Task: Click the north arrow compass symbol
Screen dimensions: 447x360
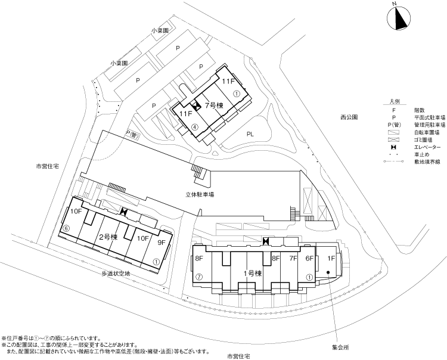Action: [x=399, y=18]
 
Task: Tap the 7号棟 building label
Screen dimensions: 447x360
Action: [x=214, y=105]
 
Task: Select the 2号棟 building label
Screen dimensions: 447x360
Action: [x=108, y=237]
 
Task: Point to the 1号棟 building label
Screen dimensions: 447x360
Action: [x=253, y=274]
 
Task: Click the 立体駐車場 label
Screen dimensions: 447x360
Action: [x=200, y=195]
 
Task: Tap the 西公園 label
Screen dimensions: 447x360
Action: [x=349, y=117]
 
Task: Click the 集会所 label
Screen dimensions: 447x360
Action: [x=340, y=347]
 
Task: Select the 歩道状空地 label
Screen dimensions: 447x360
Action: [x=116, y=274]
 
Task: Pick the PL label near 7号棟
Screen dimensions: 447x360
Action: [x=250, y=134]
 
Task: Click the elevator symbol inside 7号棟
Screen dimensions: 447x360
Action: [x=196, y=106]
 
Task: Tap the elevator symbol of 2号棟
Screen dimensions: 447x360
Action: [x=124, y=211]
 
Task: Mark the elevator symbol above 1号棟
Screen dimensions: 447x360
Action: [x=266, y=241]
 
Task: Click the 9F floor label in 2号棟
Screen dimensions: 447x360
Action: [x=162, y=243]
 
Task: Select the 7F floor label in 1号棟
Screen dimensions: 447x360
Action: [x=293, y=259]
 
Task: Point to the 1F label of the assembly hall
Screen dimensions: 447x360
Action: [x=331, y=259]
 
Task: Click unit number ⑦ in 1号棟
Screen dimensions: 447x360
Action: [x=199, y=277]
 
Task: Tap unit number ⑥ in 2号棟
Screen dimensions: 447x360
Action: [x=66, y=228]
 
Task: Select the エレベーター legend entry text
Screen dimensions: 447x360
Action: [x=427, y=147]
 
